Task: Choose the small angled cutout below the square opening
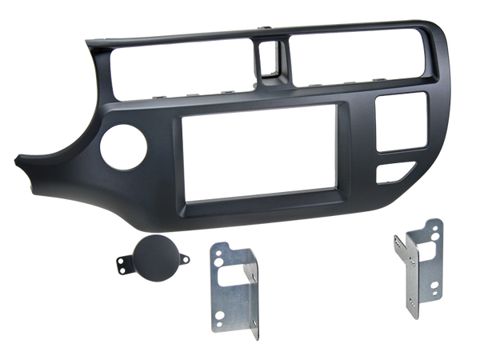[x=397, y=170]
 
